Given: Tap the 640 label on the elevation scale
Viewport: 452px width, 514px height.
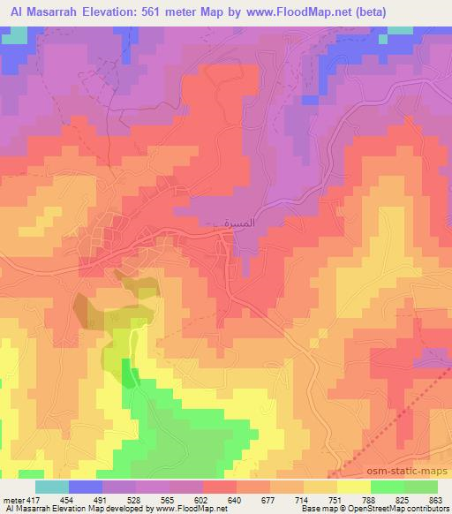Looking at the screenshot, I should [234, 500].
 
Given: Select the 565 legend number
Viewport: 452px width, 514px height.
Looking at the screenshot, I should [168, 500].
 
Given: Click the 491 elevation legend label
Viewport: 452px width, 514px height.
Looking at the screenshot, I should [101, 500].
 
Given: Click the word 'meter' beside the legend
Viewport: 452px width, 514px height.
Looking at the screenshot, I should [13, 500].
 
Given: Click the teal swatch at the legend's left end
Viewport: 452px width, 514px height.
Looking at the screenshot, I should [52, 487].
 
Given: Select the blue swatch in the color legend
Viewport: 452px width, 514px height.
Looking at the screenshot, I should [86, 487].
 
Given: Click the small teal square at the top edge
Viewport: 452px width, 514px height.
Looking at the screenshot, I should [400, 30].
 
